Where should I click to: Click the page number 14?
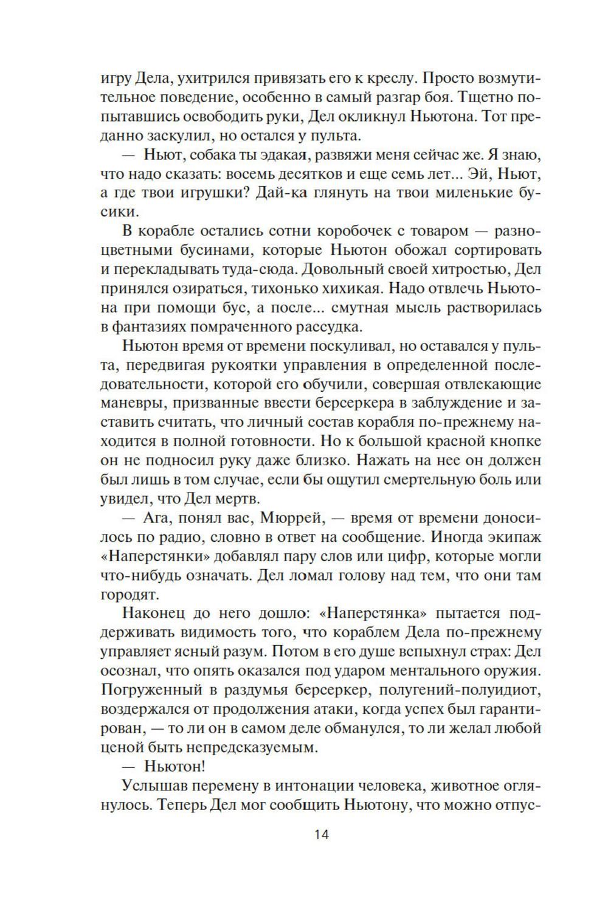click(322, 834)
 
